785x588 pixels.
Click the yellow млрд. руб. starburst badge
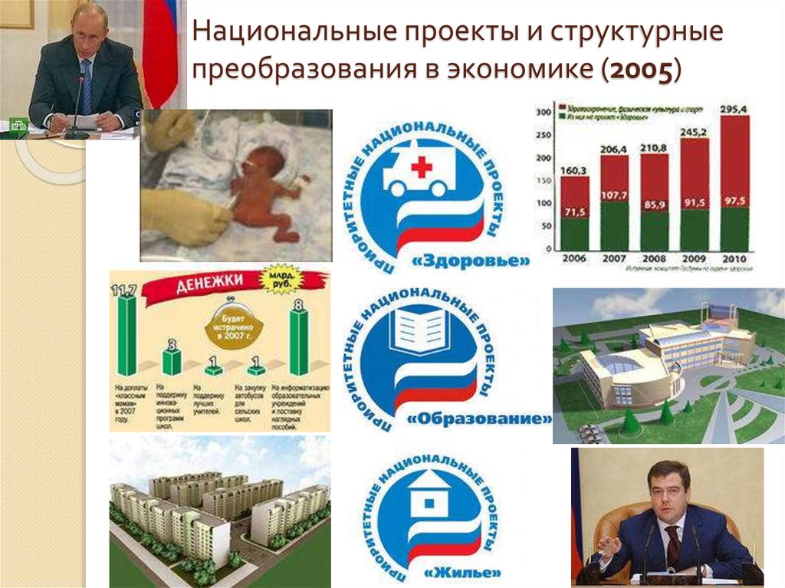(x=283, y=281)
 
